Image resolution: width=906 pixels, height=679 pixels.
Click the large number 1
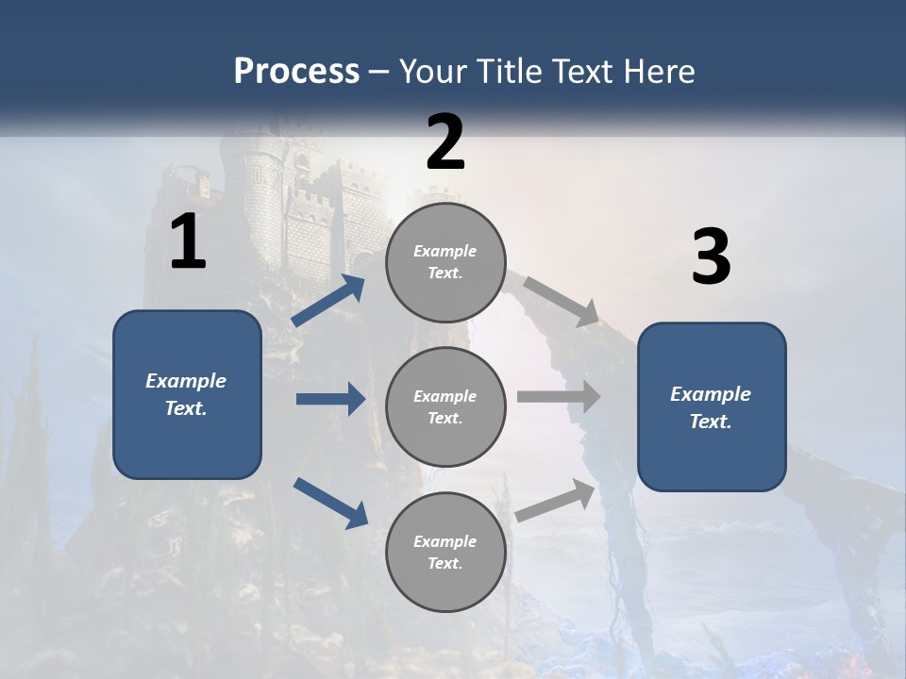(x=188, y=242)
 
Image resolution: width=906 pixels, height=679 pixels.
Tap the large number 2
(x=445, y=142)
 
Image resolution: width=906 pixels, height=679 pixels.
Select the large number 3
(x=711, y=257)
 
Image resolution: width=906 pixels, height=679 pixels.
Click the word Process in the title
(x=296, y=71)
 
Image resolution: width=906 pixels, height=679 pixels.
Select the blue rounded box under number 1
(x=187, y=394)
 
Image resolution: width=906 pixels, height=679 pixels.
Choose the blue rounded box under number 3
(x=712, y=406)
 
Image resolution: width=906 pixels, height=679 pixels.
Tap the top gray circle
(x=445, y=262)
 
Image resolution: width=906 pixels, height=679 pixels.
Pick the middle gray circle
(x=445, y=406)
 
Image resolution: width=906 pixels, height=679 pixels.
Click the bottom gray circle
(x=445, y=552)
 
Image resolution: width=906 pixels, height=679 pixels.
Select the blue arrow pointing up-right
(x=329, y=301)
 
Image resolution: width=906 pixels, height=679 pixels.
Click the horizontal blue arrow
(x=330, y=399)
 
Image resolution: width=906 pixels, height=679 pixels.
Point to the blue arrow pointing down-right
(x=331, y=502)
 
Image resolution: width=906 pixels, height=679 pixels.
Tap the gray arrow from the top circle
(x=562, y=301)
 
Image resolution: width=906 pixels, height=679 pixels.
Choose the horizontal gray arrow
(x=559, y=397)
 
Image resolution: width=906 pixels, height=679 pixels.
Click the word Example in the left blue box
(x=186, y=381)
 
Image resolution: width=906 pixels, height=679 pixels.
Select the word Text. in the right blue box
(x=711, y=422)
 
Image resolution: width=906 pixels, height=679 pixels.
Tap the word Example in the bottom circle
(x=445, y=541)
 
